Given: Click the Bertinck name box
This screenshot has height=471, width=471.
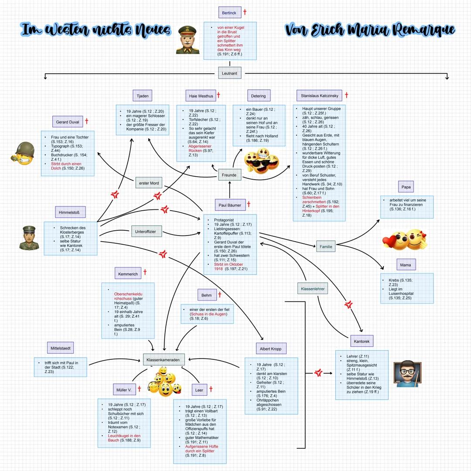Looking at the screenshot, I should point(229,13).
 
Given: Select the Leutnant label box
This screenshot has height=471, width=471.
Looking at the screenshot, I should point(229,73).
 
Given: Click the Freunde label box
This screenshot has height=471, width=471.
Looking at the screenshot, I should point(229,175).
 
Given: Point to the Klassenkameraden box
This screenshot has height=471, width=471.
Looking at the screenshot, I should point(164,359).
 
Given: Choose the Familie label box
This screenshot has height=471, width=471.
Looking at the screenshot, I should point(326,246).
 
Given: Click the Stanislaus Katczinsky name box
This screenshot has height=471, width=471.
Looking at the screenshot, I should point(319,96).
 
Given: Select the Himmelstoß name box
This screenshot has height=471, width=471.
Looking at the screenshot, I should point(70,212).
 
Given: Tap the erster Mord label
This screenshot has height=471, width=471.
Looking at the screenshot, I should point(149,183).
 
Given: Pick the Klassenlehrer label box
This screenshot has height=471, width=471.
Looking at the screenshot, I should point(313,289).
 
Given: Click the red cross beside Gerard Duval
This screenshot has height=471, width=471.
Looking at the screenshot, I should point(87,121).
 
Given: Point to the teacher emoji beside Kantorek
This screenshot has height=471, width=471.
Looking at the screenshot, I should point(406,373).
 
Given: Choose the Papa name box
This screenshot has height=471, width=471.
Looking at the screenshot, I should point(406,188).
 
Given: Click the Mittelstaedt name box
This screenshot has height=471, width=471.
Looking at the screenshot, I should point(60,348).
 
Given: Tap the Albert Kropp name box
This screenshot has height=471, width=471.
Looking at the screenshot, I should point(270,348).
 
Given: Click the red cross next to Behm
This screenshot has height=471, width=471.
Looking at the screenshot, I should point(220,295).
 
